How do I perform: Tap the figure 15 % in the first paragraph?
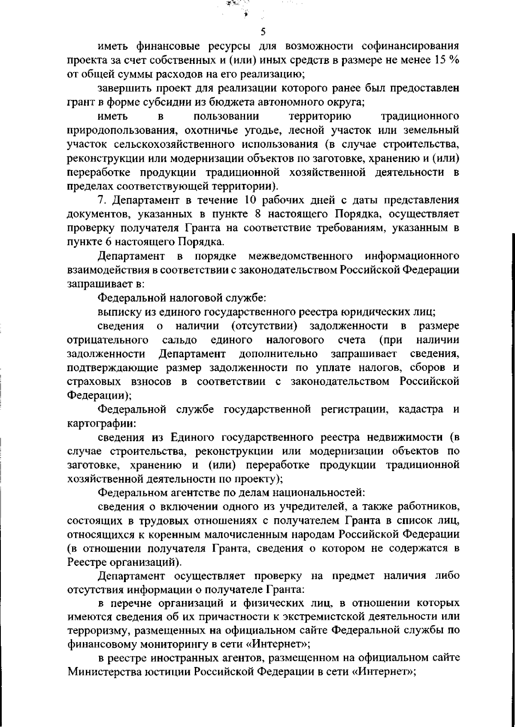(x=447, y=60)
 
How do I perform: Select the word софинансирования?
(x=411, y=46)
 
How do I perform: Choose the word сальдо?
(x=180, y=340)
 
